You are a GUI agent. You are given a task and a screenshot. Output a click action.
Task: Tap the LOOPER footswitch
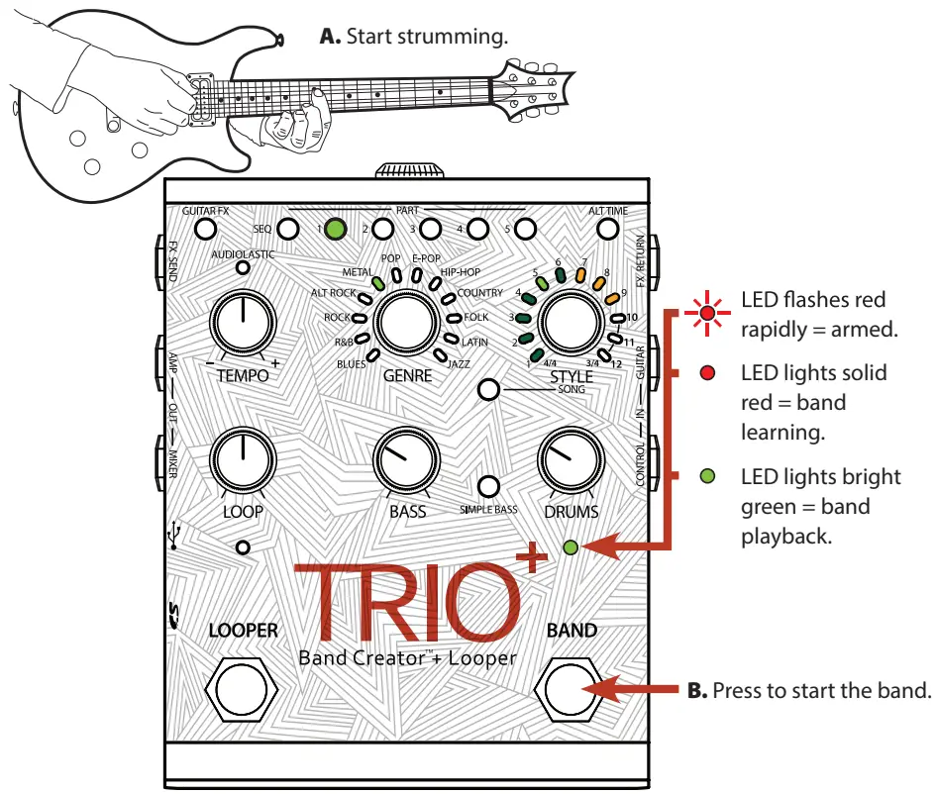tap(242, 690)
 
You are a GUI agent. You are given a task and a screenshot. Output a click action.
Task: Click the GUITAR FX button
tap(205, 230)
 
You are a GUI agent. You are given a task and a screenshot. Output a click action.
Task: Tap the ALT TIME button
tap(607, 230)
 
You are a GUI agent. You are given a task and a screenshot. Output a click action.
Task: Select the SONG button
tap(487, 389)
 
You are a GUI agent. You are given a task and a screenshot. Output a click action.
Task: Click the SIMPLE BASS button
tap(487, 486)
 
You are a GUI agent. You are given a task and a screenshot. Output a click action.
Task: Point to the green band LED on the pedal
tap(570, 546)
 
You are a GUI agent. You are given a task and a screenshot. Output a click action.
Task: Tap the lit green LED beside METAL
tap(377, 282)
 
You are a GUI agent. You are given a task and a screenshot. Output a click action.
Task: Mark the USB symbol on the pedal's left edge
tap(174, 535)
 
